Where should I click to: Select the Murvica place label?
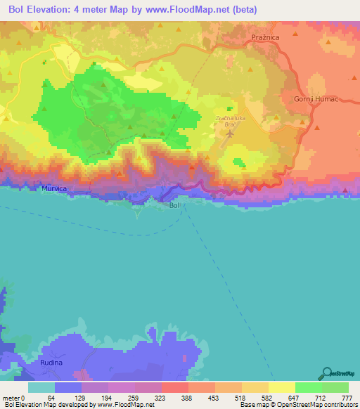[x=55, y=189]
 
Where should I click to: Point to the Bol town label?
[x=175, y=205]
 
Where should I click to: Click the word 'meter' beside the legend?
[x=12, y=398]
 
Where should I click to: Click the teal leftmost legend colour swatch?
[x=41, y=387]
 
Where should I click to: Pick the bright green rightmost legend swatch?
[x=335, y=387]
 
